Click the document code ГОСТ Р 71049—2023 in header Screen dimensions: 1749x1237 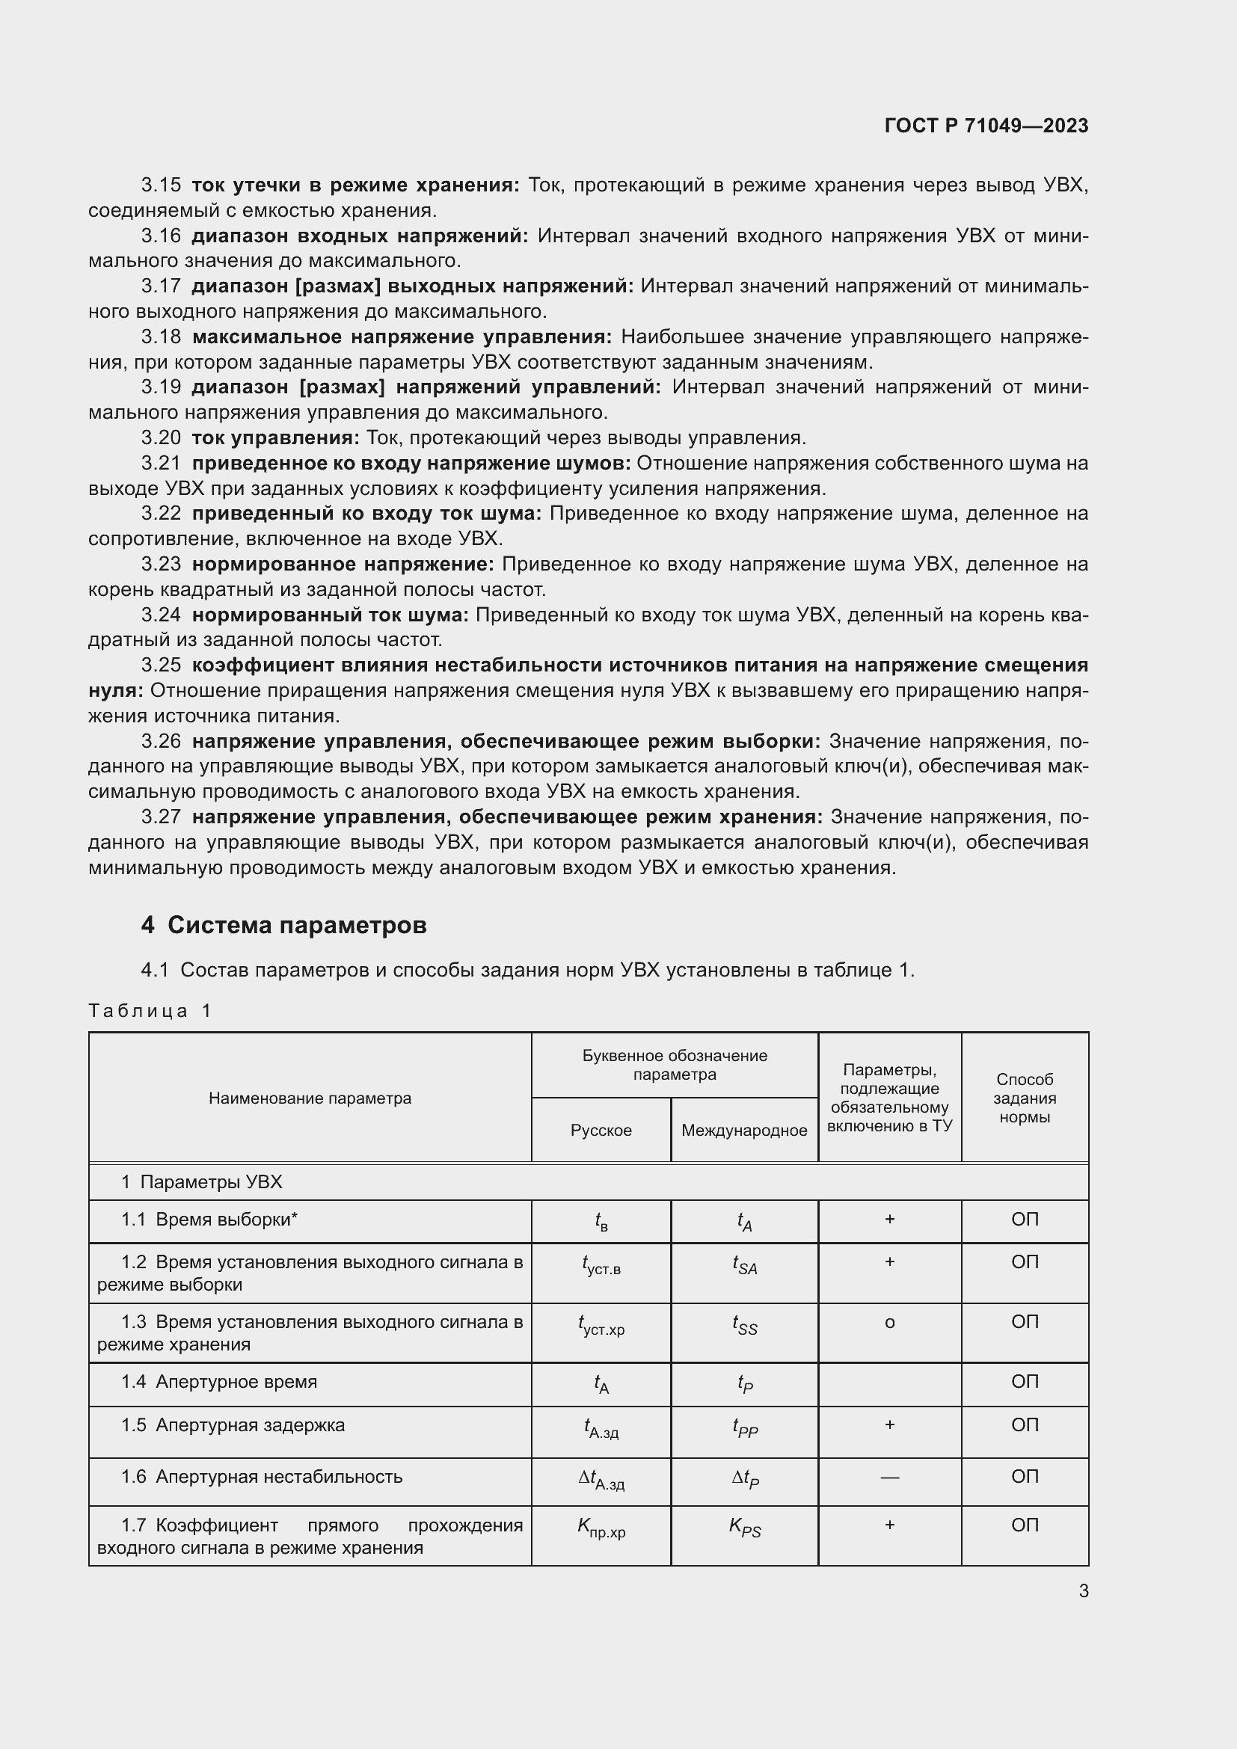[986, 126]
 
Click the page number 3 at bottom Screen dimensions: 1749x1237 [1083, 1590]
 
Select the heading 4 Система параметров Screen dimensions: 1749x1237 [283, 925]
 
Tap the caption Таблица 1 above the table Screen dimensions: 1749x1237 [150, 1011]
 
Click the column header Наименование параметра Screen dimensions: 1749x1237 [310, 1098]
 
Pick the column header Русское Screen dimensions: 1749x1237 [601, 1130]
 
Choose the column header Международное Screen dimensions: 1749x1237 [743, 1130]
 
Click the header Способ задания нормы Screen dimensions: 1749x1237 [1024, 1098]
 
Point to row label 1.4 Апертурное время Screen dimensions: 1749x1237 [219, 1382]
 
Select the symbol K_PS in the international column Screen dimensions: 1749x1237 [744, 1527]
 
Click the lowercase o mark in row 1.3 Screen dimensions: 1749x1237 [889, 1324]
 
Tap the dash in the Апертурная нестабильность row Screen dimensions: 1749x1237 [889, 1477]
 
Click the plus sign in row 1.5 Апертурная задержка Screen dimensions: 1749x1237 [889, 1425]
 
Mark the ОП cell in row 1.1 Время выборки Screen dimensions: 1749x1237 [1024, 1220]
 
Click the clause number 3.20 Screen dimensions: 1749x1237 [161, 438]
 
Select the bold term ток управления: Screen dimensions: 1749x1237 [275, 438]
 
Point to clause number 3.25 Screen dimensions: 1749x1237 [161, 666]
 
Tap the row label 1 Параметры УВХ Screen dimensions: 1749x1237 [202, 1182]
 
